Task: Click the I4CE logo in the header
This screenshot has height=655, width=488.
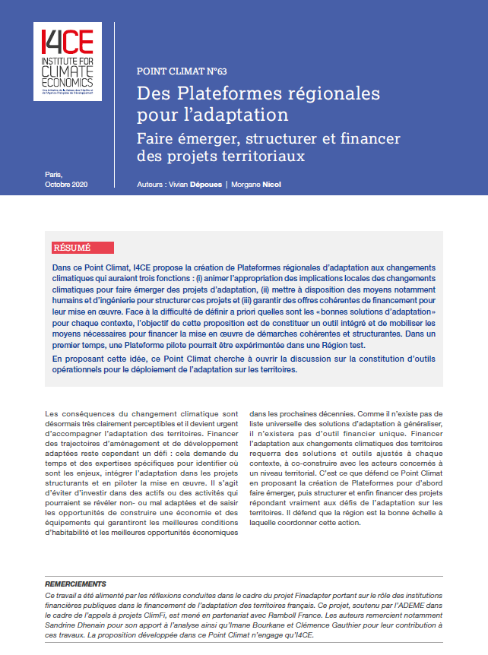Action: point(67,61)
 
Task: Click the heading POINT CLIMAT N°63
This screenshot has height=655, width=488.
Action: point(182,71)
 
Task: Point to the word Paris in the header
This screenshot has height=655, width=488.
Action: point(54,175)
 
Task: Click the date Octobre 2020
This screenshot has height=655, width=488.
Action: point(66,185)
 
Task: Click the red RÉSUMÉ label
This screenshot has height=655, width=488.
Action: point(71,248)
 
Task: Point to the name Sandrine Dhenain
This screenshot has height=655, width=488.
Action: point(77,624)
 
